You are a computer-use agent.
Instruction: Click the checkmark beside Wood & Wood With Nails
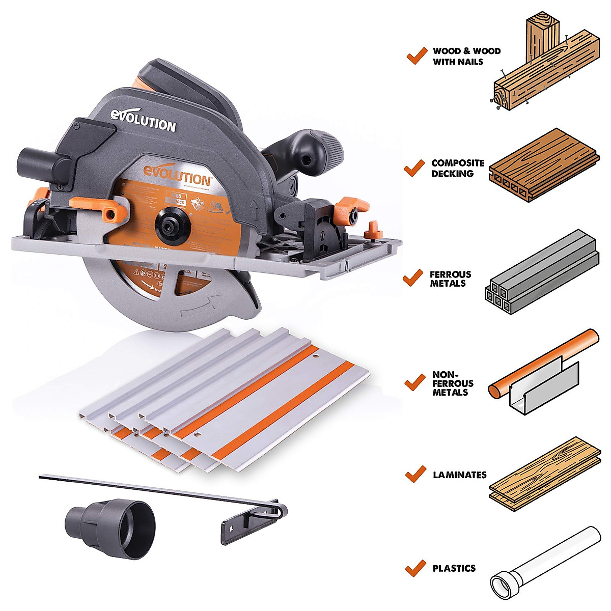tap(416, 55)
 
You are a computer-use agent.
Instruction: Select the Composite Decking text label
tap(457, 168)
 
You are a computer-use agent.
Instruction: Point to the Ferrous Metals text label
tap(450, 279)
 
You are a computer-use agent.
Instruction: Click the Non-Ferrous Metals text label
tap(453, 383)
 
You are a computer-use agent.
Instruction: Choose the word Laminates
tap(459, 475)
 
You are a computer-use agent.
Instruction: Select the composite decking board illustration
tap(543, 164)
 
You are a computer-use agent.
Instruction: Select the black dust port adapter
tap(109, 522)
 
